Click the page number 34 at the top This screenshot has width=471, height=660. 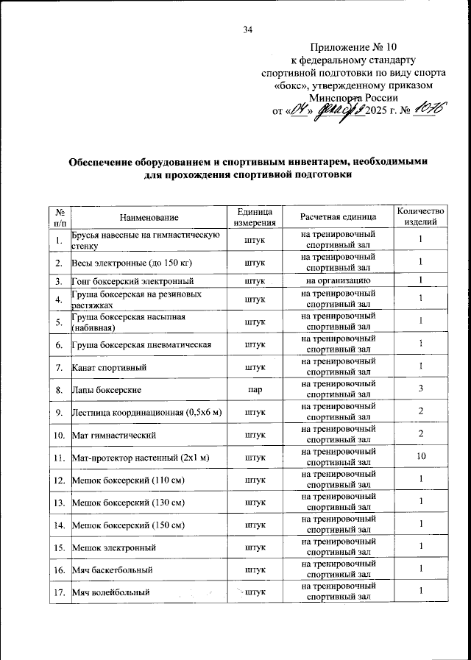click(x=247, y=30)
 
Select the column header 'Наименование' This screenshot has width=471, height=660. click(x=149, y=217)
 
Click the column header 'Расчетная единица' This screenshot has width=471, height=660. click(x=339, y=217)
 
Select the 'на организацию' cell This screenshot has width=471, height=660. click(x=339, y=280)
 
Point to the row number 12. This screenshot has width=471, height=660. click(x=59, y=480)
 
